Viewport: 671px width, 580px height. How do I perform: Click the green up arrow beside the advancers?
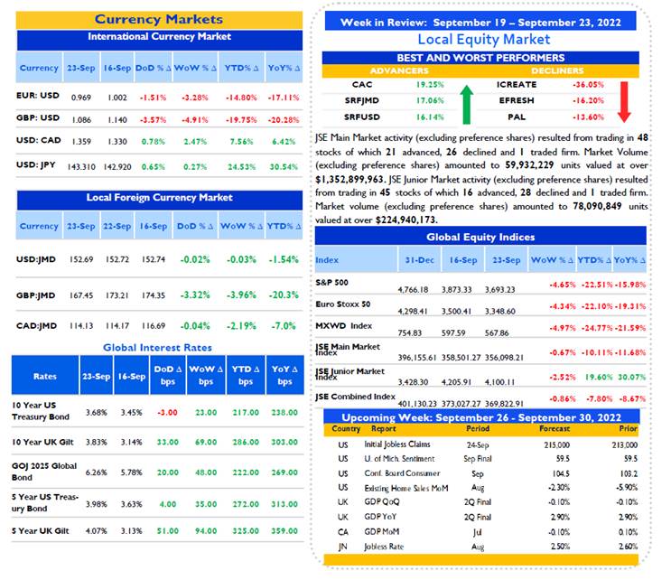pos(466,105)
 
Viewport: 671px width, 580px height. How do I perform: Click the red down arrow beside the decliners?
pos(624,102)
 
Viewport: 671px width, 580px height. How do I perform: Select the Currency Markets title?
pos(159,19)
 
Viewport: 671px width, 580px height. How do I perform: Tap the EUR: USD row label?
pos(38,96)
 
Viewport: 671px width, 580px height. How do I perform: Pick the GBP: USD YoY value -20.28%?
pos(284,120)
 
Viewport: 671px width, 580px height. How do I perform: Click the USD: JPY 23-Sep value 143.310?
pos(81,166)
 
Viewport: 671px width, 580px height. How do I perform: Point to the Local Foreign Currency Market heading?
pos(159,197)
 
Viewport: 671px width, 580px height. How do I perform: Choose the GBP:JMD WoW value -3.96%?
pos(241,295)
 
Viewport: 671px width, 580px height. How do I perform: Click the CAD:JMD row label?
pos(36,326)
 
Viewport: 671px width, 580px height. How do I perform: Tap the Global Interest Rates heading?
pos(157,348)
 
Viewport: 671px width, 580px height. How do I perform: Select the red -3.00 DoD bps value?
pos(167,413)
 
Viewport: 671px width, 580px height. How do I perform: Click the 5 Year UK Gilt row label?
pos(41,531)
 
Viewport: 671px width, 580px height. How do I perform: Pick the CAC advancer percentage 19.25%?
pos(430,85)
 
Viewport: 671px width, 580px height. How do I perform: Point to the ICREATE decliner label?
pos(517,84)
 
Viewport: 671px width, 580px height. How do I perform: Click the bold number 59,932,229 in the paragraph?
pos(529,165)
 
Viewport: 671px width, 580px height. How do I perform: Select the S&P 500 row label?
pos(331,283)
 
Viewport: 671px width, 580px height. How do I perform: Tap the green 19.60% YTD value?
pos(599,377)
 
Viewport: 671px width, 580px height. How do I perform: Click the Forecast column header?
pos(555,428)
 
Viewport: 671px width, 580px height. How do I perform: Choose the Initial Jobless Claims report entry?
pos(397,444)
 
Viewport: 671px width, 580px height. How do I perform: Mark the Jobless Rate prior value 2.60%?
pos(628,547)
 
